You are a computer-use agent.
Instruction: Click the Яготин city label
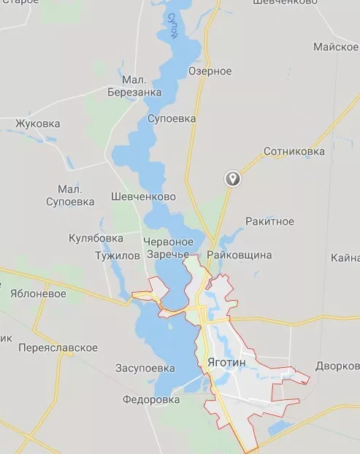pyautogui.click(x=227, y=362)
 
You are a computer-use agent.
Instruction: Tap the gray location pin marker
pyautogui.click(x=232, y=177)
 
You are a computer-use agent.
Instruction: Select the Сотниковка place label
pyautogui.click(x=294, y=152)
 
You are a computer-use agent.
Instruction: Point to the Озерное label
pyautogui.click(x=210, y=71)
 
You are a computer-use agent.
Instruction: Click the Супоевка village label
pyautogui.click(x=172, y=118)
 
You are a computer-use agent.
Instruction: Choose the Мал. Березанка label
pyautogui.click(x=134, y=85)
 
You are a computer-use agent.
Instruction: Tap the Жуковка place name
pyautogui.click(x=37, y=123)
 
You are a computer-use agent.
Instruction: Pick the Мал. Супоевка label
pyautogui.click(x=70, y=195)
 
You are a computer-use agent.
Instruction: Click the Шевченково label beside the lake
pyautogui.click(x=144, y=197)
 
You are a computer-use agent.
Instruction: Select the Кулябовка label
pyautogui.click(x=96, y=238)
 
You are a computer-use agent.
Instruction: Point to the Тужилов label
pyautogui.click(x=117, y=256)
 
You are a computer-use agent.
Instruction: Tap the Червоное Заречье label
pyautogui.click(x=169, y=248)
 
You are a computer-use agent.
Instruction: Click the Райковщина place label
pyautogui.click(x=239, y=255)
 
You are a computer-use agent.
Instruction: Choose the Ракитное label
pyautogui.click(x=269, y=221)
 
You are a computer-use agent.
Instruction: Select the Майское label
pyautogui.click(x=335, y=47)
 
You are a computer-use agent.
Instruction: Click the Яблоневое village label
pyautogui.click(x=38, y=294)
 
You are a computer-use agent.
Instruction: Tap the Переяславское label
pyautogui.click(x=58, y=347)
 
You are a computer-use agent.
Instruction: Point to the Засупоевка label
pyautogui.click(x=145, y=368)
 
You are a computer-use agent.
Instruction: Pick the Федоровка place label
pyautogui.click(x=151, y=400)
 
